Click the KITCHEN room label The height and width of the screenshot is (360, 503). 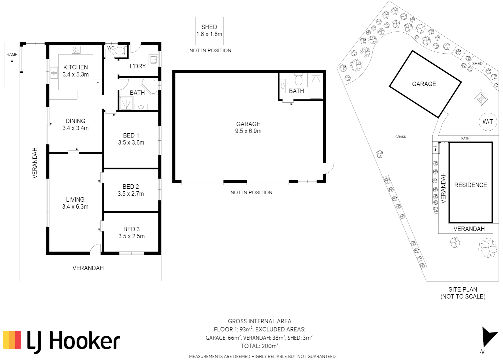(76, 67)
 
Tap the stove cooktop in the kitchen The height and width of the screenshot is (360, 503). (76, 50)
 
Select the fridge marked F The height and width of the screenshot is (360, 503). (97, 84)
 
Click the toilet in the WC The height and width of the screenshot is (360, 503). (120, 51)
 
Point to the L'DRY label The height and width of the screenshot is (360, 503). (138, 66)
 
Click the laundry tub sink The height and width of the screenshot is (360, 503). (153, 60)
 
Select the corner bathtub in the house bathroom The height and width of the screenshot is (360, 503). (150, 85)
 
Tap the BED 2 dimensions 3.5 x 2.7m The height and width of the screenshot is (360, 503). (131, 194)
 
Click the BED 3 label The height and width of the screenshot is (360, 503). (131, 229)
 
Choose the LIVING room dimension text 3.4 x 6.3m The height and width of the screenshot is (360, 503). (75, 207)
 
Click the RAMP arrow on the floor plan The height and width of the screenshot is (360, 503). (12, 63)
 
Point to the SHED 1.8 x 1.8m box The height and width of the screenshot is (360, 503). (209, 31)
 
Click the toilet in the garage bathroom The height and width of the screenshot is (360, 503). (299, 80)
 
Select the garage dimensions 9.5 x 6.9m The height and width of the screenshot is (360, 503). (248, 131)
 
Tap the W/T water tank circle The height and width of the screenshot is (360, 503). (487, 122)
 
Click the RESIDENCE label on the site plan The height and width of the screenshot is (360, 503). (470, 185)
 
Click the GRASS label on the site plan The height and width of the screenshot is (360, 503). (401, 137)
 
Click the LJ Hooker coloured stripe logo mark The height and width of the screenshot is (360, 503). (12, 340)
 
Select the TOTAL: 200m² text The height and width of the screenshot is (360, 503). (260, 346)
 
